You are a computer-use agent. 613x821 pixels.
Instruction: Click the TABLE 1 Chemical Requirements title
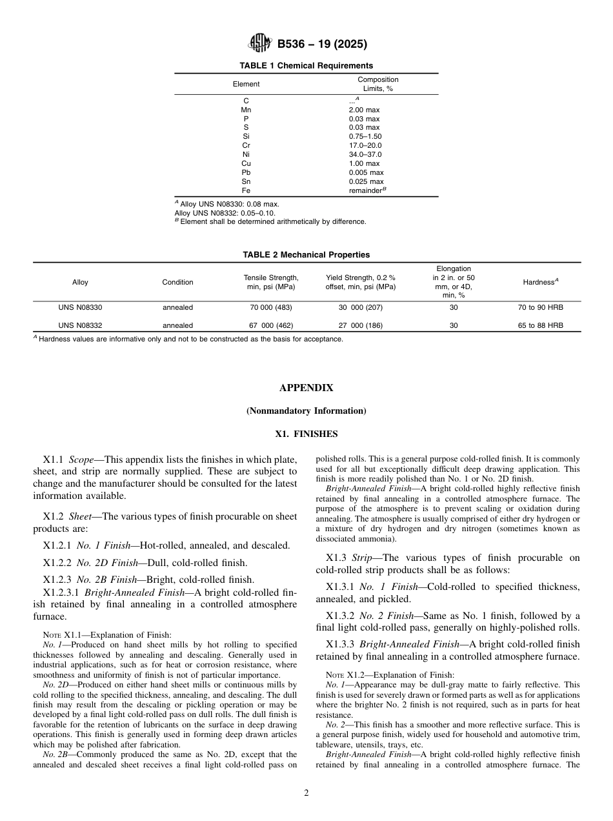point(306,66)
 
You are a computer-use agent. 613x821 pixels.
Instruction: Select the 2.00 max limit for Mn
point(364,110)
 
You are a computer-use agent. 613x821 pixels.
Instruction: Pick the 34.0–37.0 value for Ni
point(365,155)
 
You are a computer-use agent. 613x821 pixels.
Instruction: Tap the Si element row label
point(246,137)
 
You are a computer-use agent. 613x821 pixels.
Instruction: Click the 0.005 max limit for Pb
point(366,172)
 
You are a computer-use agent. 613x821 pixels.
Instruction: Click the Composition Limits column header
point(377,84)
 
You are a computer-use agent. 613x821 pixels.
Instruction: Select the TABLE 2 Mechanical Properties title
point(306,255)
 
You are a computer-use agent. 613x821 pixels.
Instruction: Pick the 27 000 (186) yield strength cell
point(360,326)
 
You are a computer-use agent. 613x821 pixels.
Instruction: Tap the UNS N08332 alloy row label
point(80,326)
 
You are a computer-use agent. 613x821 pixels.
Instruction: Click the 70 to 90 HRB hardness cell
point(540,308)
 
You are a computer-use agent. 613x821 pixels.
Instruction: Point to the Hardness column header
point(540,282)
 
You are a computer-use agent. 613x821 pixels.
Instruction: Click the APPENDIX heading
point(306,388)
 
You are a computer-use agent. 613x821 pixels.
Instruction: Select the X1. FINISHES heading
point(306,434)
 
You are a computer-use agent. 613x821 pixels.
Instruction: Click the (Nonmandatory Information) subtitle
point(306,411)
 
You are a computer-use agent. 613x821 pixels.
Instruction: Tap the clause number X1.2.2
point(57,563)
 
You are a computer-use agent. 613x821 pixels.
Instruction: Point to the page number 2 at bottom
point(306,793)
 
